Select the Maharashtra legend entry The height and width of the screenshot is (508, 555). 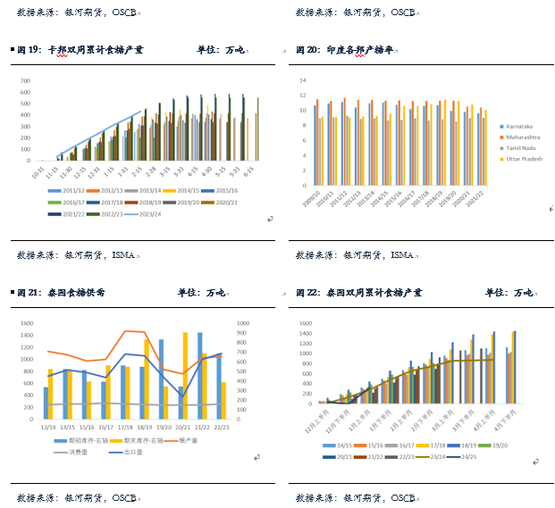[519, 137]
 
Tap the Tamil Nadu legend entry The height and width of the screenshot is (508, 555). [517, 147]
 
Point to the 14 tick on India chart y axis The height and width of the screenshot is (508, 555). [303, 79]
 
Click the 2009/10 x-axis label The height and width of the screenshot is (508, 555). [314, 198]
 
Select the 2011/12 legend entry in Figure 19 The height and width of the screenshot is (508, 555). [66, 190]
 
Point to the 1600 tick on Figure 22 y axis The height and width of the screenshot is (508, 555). [307, 323]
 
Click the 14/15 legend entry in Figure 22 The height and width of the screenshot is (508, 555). [345, 444]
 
